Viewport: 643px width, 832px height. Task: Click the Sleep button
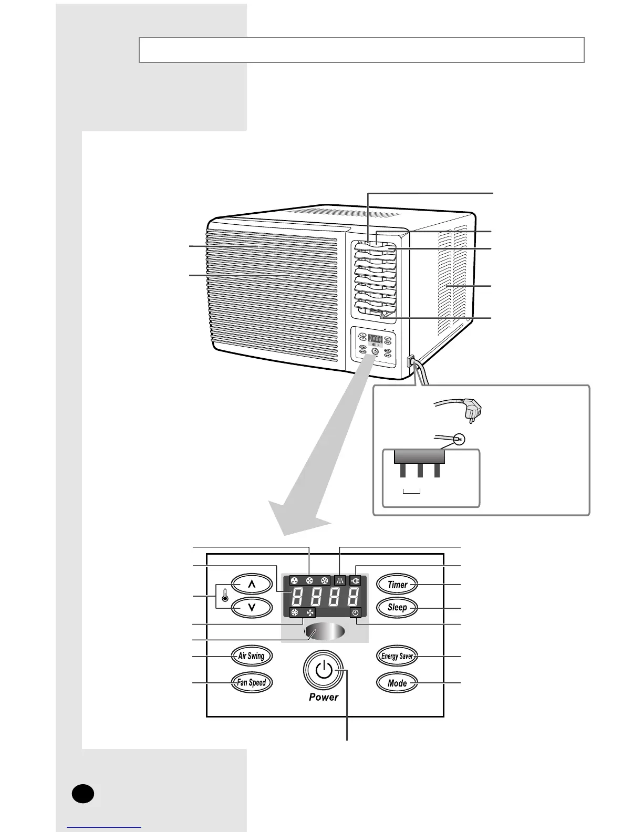coord(397,607)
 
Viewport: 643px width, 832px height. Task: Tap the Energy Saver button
coord(397,656)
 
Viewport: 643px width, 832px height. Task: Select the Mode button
coord(397,683)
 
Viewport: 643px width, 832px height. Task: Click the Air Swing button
coord(252,656)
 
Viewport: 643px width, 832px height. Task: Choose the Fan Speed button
coord(252,683)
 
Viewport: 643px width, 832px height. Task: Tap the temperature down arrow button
coord(252,607)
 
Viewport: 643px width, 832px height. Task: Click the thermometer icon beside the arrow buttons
coord(225,596)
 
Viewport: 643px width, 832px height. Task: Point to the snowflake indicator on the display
coord(295,613)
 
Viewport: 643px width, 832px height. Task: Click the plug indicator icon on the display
coord(357,581)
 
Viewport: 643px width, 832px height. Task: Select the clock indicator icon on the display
coord(356,613)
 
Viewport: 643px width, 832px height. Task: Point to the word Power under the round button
coord(324,697)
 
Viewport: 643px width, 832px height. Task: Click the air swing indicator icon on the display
coord(339,581)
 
